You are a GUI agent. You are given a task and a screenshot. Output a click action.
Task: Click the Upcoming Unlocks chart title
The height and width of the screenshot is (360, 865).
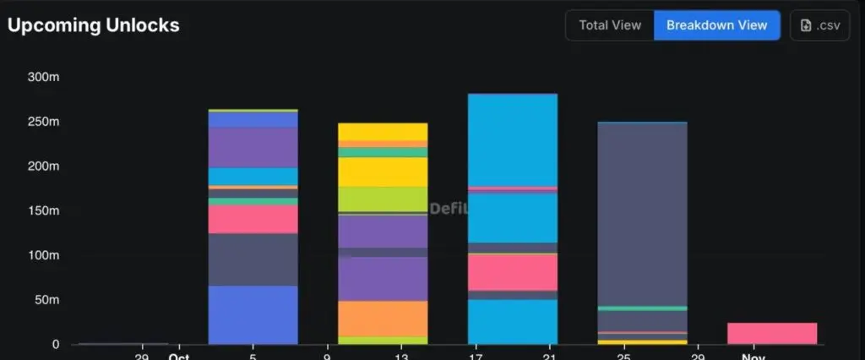tap(93, 25)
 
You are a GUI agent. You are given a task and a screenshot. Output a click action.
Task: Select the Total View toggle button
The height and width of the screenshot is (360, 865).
tap(610, 25)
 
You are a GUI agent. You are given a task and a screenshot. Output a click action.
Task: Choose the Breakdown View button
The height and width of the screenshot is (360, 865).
tap(716, 25)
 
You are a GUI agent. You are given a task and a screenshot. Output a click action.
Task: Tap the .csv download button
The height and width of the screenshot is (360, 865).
tap(819, 25)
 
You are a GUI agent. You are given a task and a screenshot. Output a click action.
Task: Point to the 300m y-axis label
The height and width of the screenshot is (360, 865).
tap(43, 77)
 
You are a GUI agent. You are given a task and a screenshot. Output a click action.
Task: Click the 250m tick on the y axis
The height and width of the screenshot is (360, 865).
tap(43, 122)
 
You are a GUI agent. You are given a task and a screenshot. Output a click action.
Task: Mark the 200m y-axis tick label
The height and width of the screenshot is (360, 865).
tap(43, 166)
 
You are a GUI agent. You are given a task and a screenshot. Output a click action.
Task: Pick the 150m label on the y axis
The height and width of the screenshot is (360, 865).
tap(43, 211)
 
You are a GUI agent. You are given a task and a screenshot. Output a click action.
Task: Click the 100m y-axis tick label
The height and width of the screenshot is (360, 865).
tap(43, 255)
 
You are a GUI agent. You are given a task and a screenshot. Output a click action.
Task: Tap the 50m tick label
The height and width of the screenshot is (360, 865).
tap(46, 300)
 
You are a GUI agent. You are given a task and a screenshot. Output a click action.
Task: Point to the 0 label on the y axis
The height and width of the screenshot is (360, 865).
tap(55, 345)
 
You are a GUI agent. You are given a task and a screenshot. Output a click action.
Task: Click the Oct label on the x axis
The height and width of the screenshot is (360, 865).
tap(177, 356)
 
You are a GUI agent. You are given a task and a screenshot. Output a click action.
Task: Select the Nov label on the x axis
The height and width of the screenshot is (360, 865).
tap(753, 356)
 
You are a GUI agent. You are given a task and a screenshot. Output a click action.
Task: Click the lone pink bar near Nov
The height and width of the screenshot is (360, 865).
tap(771, 333)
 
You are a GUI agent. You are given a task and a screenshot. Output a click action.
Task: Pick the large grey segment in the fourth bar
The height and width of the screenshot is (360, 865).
tap(642, 211)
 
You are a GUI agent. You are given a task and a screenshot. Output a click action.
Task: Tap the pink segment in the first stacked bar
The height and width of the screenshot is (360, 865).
tap(253, 220)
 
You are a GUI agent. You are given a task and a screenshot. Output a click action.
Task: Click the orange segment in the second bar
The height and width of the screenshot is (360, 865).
tap(383, 319)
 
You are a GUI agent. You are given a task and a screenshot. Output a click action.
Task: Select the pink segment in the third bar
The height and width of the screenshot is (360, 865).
tap(512, 272)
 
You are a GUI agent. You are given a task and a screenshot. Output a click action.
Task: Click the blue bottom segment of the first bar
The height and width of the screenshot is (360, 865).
tap(253, 314)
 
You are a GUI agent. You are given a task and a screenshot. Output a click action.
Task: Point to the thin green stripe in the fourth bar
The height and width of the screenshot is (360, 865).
tap(642, 308)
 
